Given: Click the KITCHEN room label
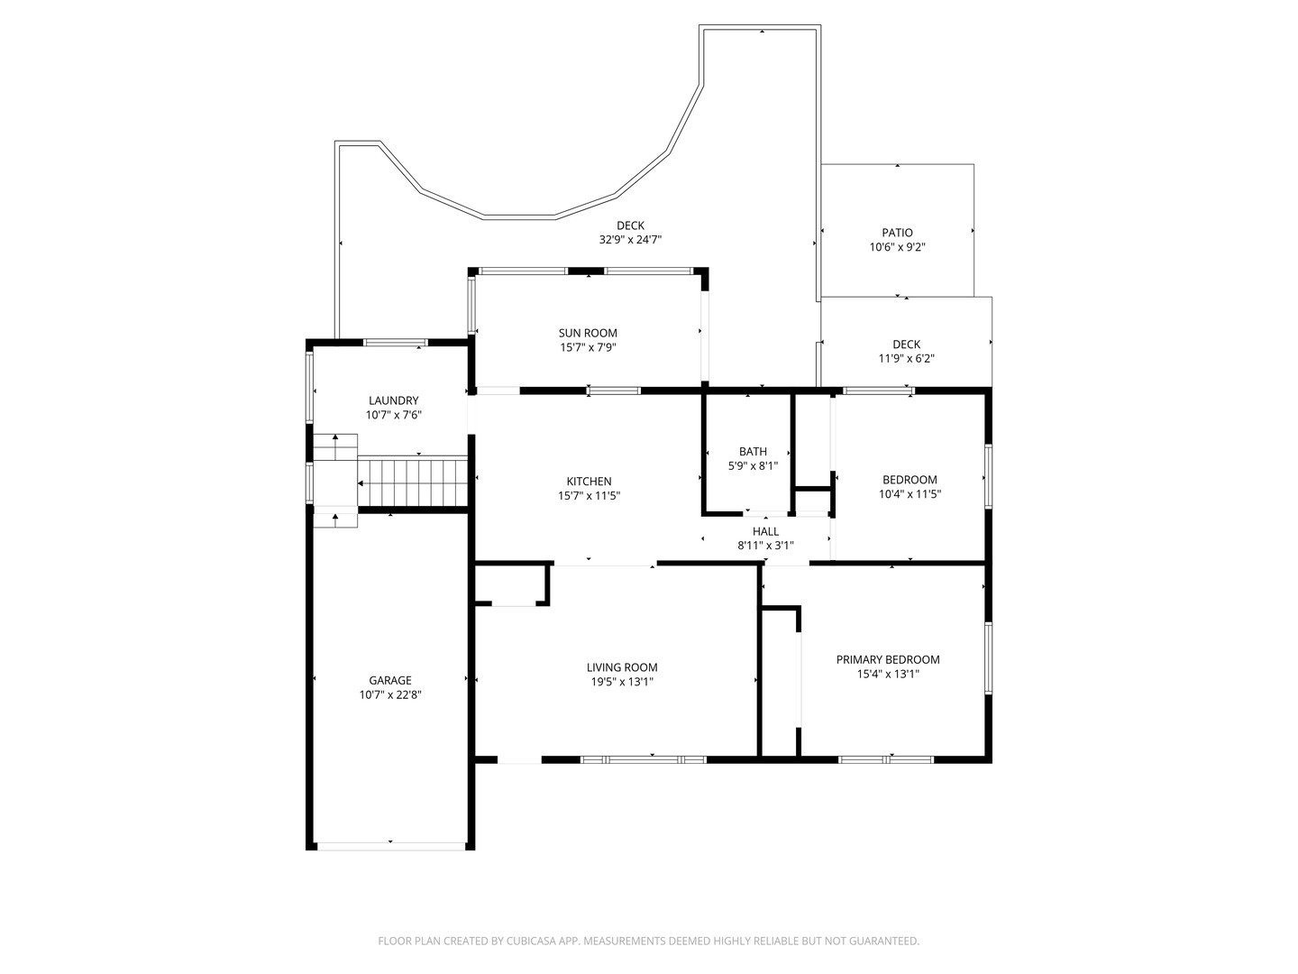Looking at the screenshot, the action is pos(589,482).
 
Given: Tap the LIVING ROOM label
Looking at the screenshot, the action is pos(621,667).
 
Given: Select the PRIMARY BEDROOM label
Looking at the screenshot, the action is pos(887,659).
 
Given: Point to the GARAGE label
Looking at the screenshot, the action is pos(389,680).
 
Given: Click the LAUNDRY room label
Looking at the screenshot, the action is pos(393,400).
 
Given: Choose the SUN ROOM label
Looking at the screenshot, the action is pos(588,333).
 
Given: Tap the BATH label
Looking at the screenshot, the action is pos(752,451).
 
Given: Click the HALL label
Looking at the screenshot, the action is pos(765,531).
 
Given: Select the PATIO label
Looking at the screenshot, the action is pos(897,233).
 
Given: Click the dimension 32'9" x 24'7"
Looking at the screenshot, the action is pos(630,240).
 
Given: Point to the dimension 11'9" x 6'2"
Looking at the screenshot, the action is pos(906,358).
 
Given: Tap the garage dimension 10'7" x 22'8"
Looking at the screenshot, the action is pos(389,694).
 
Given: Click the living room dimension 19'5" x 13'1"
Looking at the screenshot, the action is pos(621,682).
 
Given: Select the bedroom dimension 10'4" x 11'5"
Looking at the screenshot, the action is pos(910,494).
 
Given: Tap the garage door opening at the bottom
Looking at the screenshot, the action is pos(390,846).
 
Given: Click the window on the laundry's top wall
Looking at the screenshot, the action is pos(395,343).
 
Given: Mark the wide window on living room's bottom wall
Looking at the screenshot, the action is pos(644,759).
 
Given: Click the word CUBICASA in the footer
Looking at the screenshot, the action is pos(531,941).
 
